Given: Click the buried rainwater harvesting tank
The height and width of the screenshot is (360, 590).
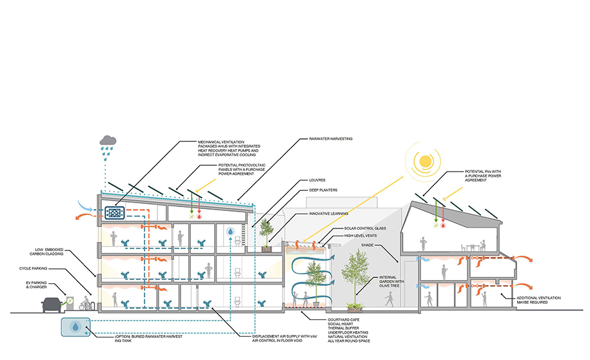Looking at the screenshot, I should point(77,328).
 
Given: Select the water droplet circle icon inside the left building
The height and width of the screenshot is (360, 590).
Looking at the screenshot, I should point(230,230).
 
